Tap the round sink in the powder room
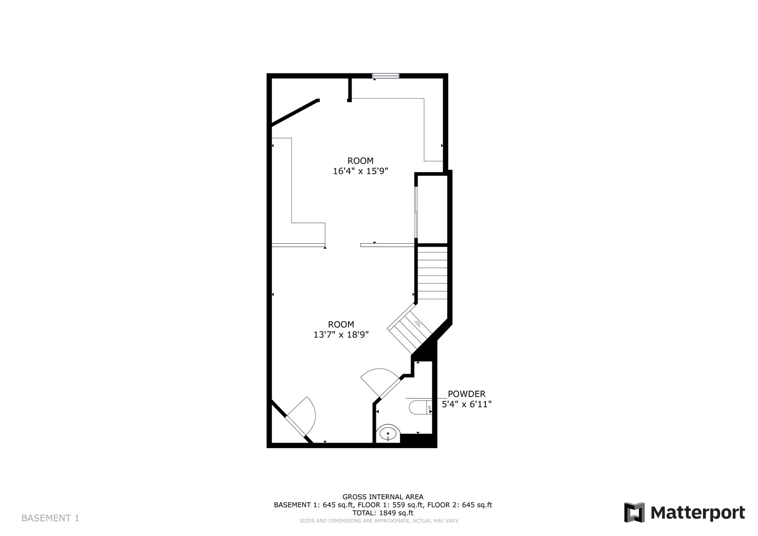coord(388,433)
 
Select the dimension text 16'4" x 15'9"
coord(360,171)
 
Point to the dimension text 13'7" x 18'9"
coord(341,335)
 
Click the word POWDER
coord(467,394)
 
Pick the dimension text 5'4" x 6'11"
coord(467,404)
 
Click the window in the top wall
coord(386,76)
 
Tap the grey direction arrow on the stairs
coord(418,324)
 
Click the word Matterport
coord(698,513)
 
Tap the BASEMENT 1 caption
coord(51,518)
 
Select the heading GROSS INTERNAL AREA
coord(383,497)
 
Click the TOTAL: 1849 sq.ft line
coord(383,513)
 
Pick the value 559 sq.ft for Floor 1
coord(408,505)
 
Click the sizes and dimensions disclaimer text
coord(379,521)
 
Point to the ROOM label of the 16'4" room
coord(360,161)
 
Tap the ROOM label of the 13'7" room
coord(341,325)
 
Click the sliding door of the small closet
coord(416,212)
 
